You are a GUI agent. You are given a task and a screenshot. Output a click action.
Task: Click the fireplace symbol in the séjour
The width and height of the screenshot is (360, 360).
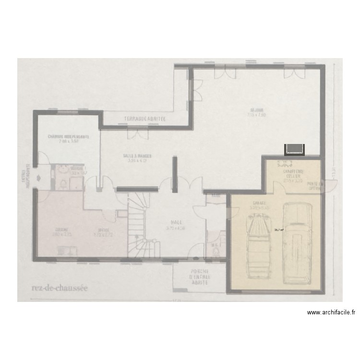294,150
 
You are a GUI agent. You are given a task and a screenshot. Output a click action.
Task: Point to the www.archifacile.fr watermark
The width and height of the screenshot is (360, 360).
331,312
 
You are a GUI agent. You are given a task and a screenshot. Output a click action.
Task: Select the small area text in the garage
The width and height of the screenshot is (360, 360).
278,230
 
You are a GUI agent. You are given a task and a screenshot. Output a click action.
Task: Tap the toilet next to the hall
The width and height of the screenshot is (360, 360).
216,251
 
